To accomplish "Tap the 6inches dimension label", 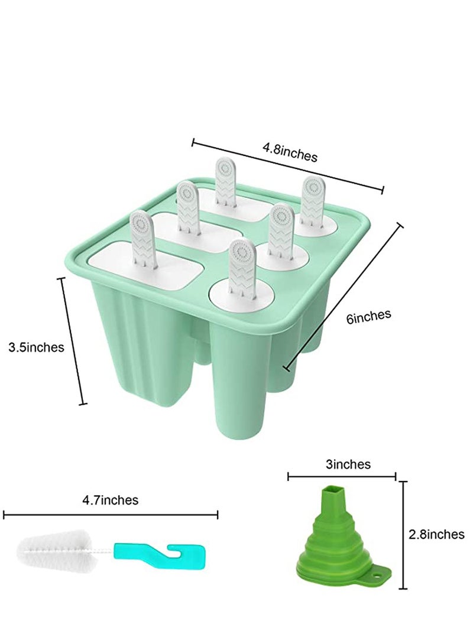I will click(x=369, y=317).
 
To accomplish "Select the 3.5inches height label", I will click(x=36, y=347).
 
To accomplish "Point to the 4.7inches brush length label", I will click(x=111, y=500).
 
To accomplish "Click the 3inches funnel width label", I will click(x=348, y=464).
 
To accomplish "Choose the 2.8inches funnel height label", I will click(x=436, y=535).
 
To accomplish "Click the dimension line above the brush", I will click(x=111, y=515).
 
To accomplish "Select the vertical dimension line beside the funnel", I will click(x=404, y=535).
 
